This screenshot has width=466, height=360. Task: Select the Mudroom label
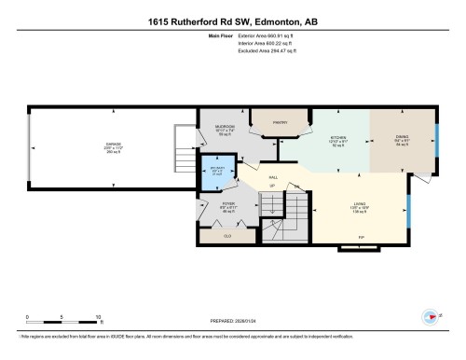coord(224,129)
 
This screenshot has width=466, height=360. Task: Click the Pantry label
coord(279,122)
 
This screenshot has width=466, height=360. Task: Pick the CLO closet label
coord(226,236)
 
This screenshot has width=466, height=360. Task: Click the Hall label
coord(274,175)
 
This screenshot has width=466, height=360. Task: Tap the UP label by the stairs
coord(272,186)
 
